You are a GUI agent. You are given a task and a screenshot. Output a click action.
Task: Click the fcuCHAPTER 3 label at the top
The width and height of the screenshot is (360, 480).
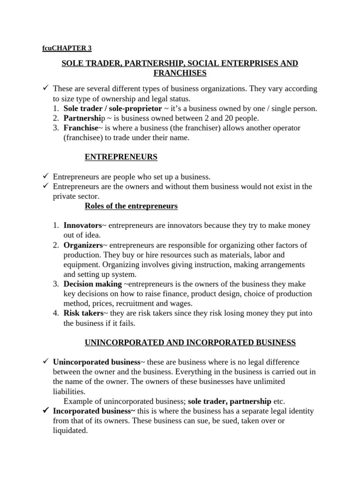click(68, 48)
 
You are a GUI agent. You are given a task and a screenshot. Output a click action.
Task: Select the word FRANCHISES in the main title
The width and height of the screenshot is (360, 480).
click(180, 73)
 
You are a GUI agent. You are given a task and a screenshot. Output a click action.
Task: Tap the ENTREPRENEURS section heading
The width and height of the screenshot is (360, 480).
click(121, 157)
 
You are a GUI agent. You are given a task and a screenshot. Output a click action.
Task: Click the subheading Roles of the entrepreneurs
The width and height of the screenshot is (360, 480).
click(131, 206)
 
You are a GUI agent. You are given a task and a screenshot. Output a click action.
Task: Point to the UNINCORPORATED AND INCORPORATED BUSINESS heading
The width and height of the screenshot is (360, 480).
click(190, 343)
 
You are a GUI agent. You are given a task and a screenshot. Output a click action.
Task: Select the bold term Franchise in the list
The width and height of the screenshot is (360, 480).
click(81, 128)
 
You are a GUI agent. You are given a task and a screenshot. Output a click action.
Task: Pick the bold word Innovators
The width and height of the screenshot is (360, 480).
click(82, 225)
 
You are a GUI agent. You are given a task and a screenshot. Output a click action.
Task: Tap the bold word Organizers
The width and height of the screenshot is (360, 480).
click(83, 245)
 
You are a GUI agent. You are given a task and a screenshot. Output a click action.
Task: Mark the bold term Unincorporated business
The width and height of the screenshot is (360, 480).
click(97, 362)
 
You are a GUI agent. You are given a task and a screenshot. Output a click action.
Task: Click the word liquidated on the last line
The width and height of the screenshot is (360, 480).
click(70, 430)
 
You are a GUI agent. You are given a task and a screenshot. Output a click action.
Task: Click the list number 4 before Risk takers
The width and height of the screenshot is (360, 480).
click(56, 313)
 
